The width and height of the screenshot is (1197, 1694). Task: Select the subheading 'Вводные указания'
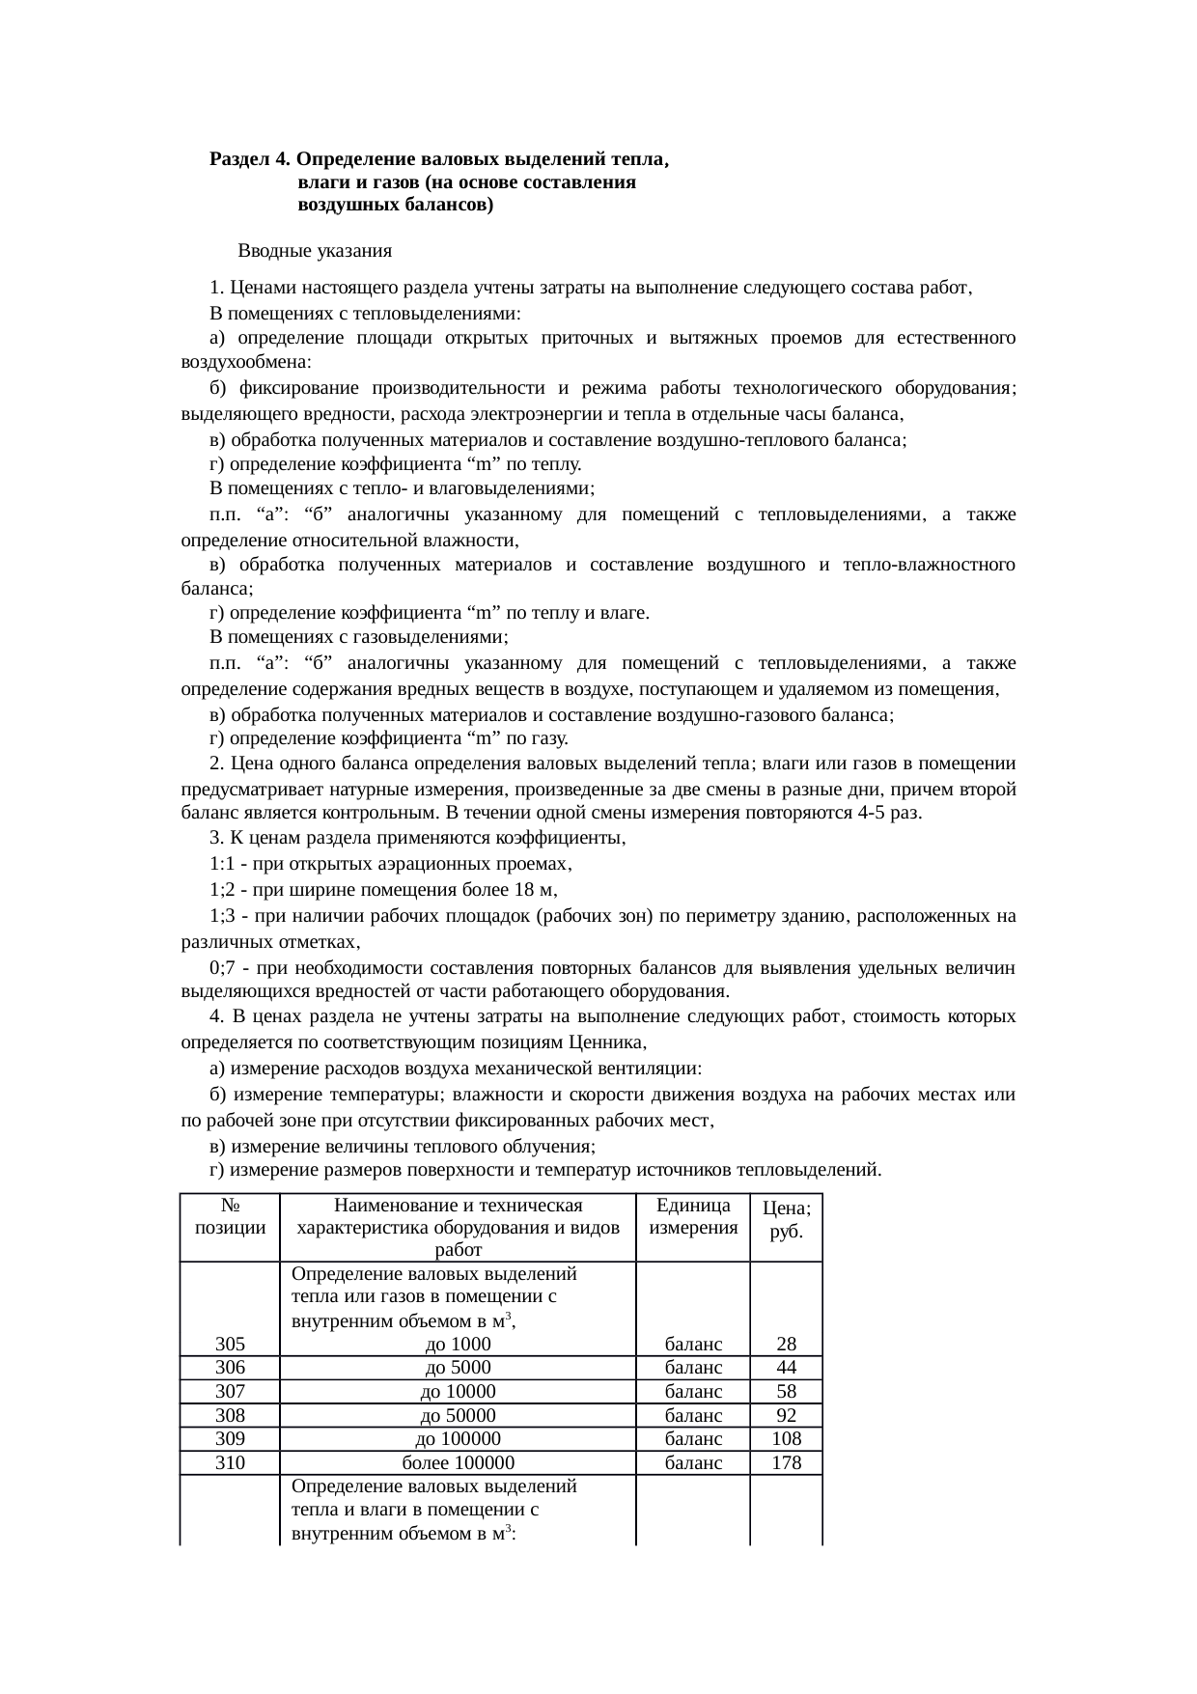pos(314,252)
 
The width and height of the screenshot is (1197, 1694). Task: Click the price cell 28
pos(786,1345)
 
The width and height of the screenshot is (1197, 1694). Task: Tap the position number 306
pos(230,1368)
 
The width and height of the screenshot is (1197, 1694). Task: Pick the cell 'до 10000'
pos(458,1392)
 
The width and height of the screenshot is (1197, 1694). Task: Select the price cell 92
pos(786,1416)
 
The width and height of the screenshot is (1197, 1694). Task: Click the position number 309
pos(230,1439)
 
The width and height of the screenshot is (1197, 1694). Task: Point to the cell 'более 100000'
pos(458,1463)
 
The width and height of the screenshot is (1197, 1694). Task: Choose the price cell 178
pos(786,1463)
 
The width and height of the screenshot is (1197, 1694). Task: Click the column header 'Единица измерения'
pos(693,1217)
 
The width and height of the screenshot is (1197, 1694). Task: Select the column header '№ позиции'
pos(230,1217)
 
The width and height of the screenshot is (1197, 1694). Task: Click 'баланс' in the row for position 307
pos(693,1392)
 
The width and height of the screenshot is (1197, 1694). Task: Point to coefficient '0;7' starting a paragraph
pos(223,969)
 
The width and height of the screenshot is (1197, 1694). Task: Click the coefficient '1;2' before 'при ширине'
pos(223,890)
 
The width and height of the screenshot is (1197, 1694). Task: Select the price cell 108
pos(786,1439)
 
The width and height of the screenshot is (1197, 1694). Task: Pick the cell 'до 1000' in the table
pos(458,1345)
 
